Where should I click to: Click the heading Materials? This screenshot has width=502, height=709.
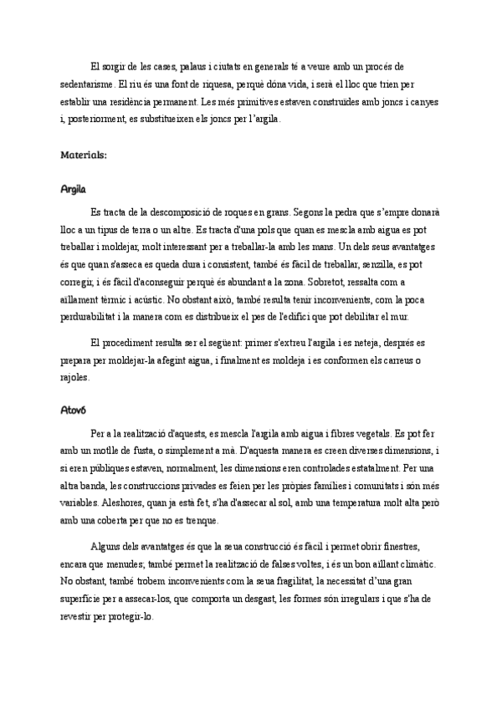[x=84, y=155]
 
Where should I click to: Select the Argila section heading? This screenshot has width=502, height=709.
[x=74, y=189]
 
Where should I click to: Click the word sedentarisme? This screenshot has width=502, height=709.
[x=88, y=84]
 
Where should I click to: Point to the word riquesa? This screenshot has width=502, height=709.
[x=217, y=84]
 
